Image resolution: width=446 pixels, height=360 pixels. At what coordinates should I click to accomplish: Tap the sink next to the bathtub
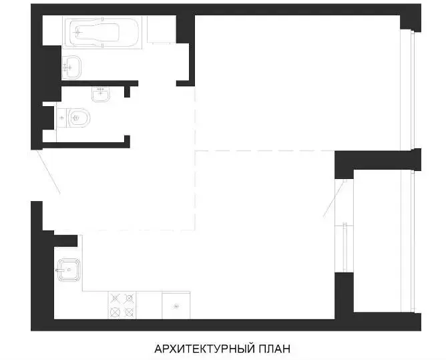click(x=71, y=67)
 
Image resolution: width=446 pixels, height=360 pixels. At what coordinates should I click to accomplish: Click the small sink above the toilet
click(x=101, y=94)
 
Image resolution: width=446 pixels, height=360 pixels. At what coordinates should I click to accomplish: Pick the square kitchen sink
click(x=69, y=270)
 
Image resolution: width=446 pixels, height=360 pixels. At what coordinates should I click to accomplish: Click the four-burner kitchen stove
click(x=122, y=305)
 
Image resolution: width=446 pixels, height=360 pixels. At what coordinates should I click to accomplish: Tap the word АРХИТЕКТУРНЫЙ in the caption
click(x=204, y=349)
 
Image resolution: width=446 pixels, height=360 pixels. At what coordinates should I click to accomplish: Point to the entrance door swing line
click(x=48, y=172)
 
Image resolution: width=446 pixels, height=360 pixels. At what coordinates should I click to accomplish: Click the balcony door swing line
click(x=334, y=198)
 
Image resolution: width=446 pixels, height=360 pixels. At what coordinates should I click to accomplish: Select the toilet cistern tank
click(x=61, y=118)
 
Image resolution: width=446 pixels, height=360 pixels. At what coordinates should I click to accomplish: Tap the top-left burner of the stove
click(x=115, y=299)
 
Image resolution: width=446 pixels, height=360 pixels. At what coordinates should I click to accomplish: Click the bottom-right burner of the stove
click(x=129, y=313)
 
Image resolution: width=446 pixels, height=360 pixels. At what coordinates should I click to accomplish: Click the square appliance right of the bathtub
click(x=162, y=30)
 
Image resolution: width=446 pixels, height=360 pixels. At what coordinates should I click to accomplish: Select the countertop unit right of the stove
click(x=176, y=305)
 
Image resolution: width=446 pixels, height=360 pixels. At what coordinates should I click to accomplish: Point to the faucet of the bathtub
click(x=77, y=33)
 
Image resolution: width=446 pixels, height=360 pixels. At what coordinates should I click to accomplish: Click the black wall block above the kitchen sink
click(x=65, y=240)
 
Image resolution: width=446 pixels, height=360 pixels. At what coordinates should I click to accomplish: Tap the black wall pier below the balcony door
click(x=344, y=296)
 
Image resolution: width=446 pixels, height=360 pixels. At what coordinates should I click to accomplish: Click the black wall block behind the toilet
click(x=48, y=118)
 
